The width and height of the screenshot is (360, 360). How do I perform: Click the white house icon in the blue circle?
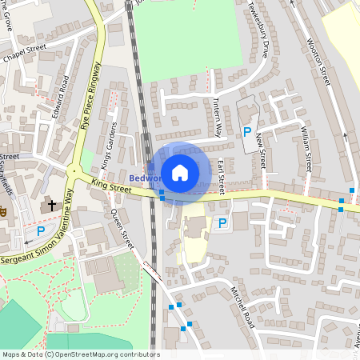[x=180, y=172]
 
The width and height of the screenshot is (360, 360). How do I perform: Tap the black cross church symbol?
[x=52, y=206]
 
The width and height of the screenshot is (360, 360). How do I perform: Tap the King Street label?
[x=111, y=186]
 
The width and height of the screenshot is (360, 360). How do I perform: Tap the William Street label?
[x=305, y=149]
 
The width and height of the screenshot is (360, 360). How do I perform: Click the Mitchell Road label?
[x=242, y=307]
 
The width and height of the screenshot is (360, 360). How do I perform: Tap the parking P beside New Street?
[x=247, y=132]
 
